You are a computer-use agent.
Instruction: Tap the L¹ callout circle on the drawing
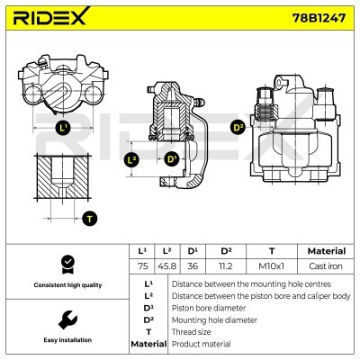(x=63, y=129)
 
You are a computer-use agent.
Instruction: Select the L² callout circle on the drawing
(x=132, y=159)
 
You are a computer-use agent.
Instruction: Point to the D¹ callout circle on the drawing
(x=172, y=159)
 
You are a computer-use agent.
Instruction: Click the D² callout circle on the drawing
(x=238, y=127)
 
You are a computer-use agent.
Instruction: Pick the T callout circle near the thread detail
(x=89, y=218)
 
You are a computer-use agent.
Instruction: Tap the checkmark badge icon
(x=67, y=263)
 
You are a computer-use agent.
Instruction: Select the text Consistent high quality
(x=67, y=285)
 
